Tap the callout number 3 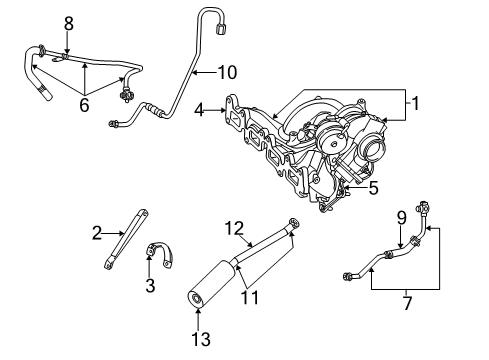150,286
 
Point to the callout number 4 201,111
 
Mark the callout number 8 68,22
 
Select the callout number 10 228,71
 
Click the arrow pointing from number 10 200,71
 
